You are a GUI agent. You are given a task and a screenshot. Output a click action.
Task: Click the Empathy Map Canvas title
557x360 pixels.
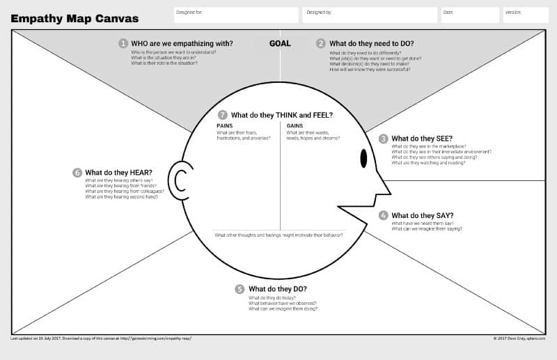74,19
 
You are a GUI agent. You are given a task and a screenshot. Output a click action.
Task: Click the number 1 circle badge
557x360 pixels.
123,43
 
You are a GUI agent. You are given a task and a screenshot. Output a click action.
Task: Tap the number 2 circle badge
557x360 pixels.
321,43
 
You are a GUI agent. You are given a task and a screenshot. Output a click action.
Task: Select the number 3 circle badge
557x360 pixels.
383,139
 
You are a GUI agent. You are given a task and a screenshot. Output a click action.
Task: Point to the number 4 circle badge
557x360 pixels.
383,215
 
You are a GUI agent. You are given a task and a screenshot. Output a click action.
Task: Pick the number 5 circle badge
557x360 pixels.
240,289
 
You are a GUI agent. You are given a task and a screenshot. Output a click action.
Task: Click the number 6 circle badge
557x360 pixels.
77,173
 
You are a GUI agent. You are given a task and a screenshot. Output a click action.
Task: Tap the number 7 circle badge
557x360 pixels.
223,115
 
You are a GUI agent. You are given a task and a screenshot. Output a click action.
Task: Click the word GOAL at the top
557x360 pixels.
280,43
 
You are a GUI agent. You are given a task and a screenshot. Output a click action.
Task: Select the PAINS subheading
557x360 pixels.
224,125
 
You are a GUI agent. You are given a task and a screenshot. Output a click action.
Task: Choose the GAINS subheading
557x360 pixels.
295,125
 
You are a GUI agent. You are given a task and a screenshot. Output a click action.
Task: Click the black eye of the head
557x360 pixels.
363,159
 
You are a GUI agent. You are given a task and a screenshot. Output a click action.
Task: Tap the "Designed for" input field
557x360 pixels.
236,15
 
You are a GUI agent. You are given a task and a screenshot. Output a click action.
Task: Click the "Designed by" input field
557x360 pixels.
370,15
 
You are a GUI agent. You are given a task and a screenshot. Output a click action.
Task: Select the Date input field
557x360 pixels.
470,15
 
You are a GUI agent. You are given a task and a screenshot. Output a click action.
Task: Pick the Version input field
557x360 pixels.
526,15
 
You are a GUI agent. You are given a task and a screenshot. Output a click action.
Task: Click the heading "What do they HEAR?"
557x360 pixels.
118,173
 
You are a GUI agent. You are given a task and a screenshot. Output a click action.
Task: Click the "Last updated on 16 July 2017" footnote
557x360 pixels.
101,338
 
